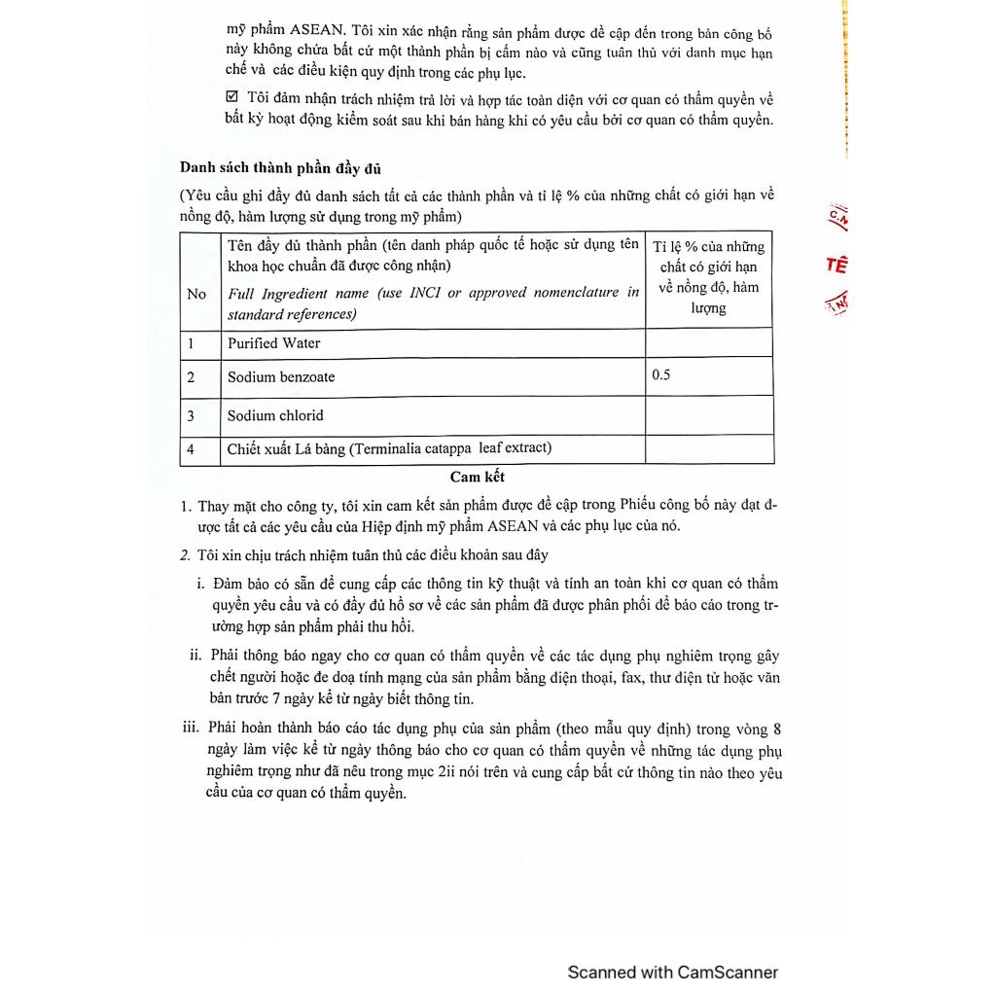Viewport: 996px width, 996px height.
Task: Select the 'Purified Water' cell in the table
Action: [x=273, y=343]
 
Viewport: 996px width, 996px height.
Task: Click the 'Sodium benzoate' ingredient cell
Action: [x=281, y=376]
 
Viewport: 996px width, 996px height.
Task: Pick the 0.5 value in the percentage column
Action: [x=661, y=374]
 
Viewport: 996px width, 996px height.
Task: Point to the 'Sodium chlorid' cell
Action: [x=275, y=415]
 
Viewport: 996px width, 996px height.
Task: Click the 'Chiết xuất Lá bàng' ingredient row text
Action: [x=389, y=448]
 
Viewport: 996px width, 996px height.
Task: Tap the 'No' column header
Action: [x=196, y=294]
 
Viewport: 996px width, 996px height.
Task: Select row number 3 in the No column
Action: [x=191, y=415]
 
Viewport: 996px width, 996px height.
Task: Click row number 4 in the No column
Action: [x=191, y=448]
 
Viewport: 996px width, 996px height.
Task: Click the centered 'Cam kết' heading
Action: [x=478, y=477]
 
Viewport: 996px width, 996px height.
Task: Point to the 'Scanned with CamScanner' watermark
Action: [x=673, y=972]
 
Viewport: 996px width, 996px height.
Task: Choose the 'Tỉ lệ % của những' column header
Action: [x=708, y=246]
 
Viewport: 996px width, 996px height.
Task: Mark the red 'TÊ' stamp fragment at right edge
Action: [x=836, y=265]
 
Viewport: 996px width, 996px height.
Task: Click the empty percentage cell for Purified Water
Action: [x=708, y=343]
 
